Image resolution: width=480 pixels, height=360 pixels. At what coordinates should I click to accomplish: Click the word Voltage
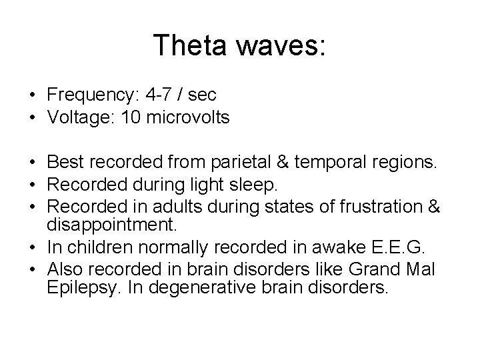[78, 118]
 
